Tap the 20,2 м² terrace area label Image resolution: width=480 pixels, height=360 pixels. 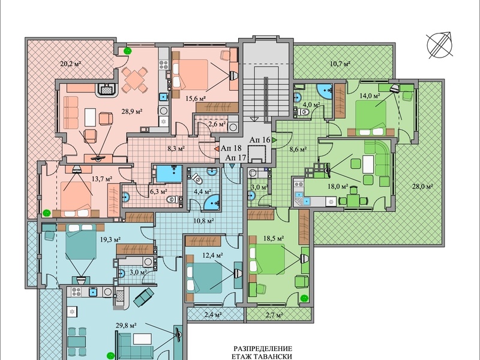point(70,64)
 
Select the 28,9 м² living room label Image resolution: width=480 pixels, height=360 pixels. point(132,112)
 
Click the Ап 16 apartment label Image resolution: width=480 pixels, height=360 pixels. point(260,140)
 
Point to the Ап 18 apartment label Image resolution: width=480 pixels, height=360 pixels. point(231,148)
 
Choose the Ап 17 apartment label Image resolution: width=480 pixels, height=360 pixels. point(236,158)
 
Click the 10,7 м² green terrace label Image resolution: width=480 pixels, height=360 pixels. point(340,64)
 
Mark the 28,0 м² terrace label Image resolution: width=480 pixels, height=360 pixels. point(422,186)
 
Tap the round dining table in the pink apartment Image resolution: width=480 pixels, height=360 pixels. point(134,80)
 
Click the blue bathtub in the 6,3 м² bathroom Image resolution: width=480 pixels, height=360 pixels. point(169,173)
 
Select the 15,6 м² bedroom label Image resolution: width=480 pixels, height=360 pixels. point(196,98)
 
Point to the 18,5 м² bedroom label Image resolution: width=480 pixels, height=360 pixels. point(274,238)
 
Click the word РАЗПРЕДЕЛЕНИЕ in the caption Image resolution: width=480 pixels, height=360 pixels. point(263,349)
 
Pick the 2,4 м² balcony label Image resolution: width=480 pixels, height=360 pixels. point(213,314)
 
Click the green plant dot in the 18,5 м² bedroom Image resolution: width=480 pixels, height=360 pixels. point(304,298)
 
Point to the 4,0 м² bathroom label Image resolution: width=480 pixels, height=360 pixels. point(311,104)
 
